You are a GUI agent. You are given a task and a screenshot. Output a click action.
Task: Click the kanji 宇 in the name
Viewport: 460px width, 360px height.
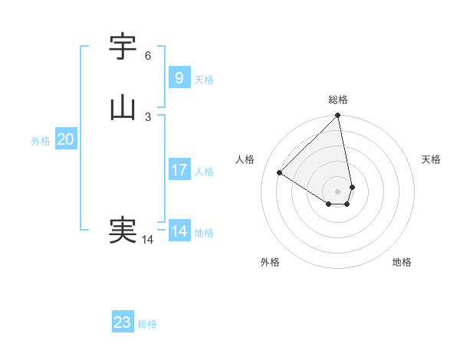123,47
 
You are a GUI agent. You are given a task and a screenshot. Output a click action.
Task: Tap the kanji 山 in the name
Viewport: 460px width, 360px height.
123,107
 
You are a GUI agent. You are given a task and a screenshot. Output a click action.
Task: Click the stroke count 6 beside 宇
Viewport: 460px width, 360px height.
148,56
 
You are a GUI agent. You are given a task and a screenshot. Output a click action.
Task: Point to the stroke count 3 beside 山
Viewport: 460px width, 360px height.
148,116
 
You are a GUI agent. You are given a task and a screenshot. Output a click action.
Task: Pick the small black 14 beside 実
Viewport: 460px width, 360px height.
148,240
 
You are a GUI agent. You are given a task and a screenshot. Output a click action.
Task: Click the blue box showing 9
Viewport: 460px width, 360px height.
179,77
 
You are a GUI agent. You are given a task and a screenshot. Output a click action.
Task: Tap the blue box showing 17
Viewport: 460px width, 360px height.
179,169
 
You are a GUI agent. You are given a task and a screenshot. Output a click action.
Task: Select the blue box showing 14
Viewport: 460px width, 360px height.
179,231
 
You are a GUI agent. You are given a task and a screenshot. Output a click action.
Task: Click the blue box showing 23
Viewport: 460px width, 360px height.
123,322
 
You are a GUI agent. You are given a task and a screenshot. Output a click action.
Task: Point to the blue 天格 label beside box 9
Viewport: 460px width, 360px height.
204,80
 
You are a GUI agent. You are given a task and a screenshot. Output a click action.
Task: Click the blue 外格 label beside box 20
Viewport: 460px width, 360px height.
41,141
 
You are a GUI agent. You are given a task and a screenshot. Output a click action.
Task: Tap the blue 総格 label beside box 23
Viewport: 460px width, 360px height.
147,325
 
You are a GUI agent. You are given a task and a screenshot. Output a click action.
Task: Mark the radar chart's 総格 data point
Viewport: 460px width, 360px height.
338,116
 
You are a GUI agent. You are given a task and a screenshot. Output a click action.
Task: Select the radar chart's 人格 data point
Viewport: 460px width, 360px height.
280,172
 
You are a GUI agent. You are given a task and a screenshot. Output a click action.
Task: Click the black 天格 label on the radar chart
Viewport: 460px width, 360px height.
431,159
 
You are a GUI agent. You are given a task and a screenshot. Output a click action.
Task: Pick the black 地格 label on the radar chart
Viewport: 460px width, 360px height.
402,262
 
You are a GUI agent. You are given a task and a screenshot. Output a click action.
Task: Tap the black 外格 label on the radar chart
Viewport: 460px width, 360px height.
270,262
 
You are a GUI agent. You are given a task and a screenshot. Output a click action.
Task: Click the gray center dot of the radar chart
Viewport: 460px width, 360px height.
338,191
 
